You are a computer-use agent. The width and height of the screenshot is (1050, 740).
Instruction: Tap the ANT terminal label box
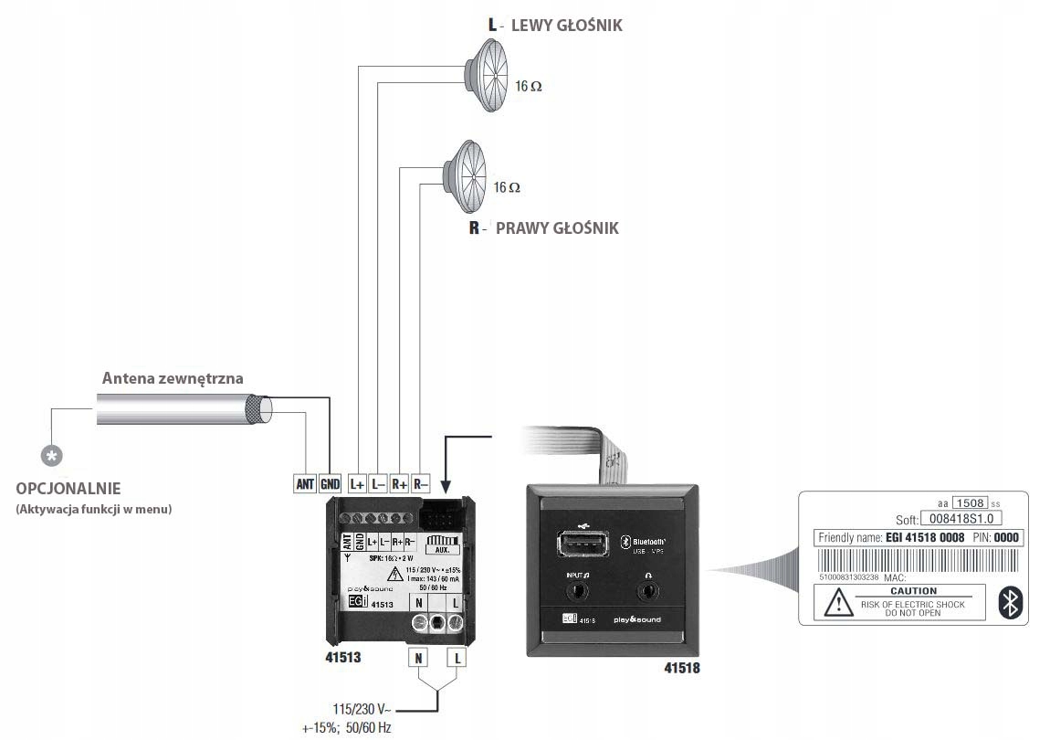point(305,484)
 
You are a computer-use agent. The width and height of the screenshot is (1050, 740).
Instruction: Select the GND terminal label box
point(330,484)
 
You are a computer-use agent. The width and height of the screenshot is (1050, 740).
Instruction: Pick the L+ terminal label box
point(357,484)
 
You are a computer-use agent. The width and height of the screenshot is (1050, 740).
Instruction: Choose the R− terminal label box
point(421,484)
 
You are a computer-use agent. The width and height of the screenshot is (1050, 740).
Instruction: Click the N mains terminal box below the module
point(418,658)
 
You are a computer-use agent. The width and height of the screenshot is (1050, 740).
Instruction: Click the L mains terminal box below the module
point(457,658)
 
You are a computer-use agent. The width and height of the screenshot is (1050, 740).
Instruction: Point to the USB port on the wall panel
point(581,545)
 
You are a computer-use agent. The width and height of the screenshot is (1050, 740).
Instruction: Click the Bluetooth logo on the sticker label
point(1010,602)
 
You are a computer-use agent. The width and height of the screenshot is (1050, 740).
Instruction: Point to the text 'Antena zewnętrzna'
point(173,378)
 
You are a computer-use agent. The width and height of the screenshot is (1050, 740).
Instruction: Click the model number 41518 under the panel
point(682,668)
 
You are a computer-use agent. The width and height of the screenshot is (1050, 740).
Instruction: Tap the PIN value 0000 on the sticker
point(1005,538)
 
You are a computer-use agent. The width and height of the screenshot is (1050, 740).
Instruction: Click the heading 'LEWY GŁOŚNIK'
point(566,26)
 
